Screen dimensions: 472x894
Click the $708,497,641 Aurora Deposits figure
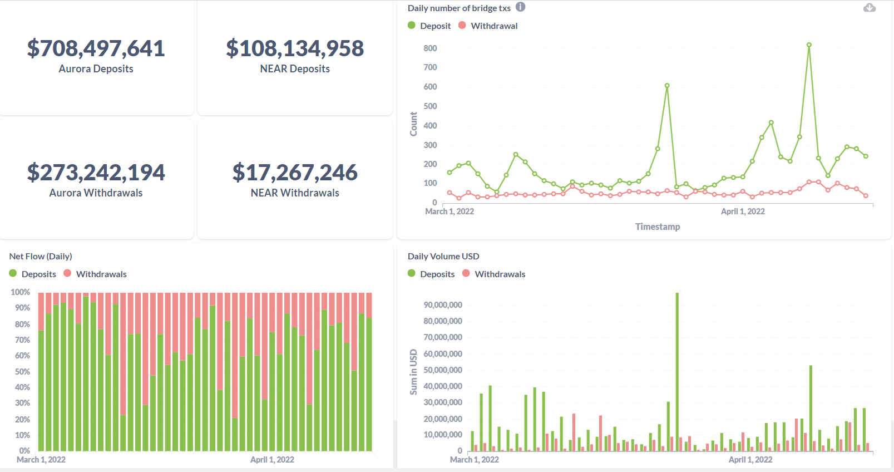pyautogui.click(x=96, y=49)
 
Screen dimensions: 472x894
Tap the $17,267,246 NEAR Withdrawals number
pyautogui.click(x=295, y=173)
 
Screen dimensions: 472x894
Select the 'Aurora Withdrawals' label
pyautogui.click(x=96, y=193)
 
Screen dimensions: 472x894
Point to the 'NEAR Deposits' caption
pyautogui.click(x=295, y=69)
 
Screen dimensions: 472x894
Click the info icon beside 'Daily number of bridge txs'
pyautogui.click(x=520, y=7)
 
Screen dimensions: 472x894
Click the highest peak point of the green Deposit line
pyautogui.click(x=809, y=45)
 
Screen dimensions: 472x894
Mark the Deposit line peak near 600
pyautogui.click(x=667, y=86)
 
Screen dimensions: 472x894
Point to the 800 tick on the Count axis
pyautogui.click(x=430, y=48)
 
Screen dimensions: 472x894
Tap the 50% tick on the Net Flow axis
pyautogui.click(x=22, y=372)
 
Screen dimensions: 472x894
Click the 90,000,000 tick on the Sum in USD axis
pyautogui.click(x=443, y=305)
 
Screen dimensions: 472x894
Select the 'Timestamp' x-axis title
pyautogui.click(x=658, y=227)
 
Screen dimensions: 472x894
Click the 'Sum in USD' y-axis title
pyautogui.click(x=413, y=372)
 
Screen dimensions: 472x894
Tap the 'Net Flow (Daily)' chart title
pyautogui.click(x=41, y=257)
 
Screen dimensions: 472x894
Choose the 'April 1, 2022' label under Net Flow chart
pyautogui.click(x=272, y=460)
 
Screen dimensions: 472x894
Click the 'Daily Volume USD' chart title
pyautogui.click(x=443, y=257)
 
